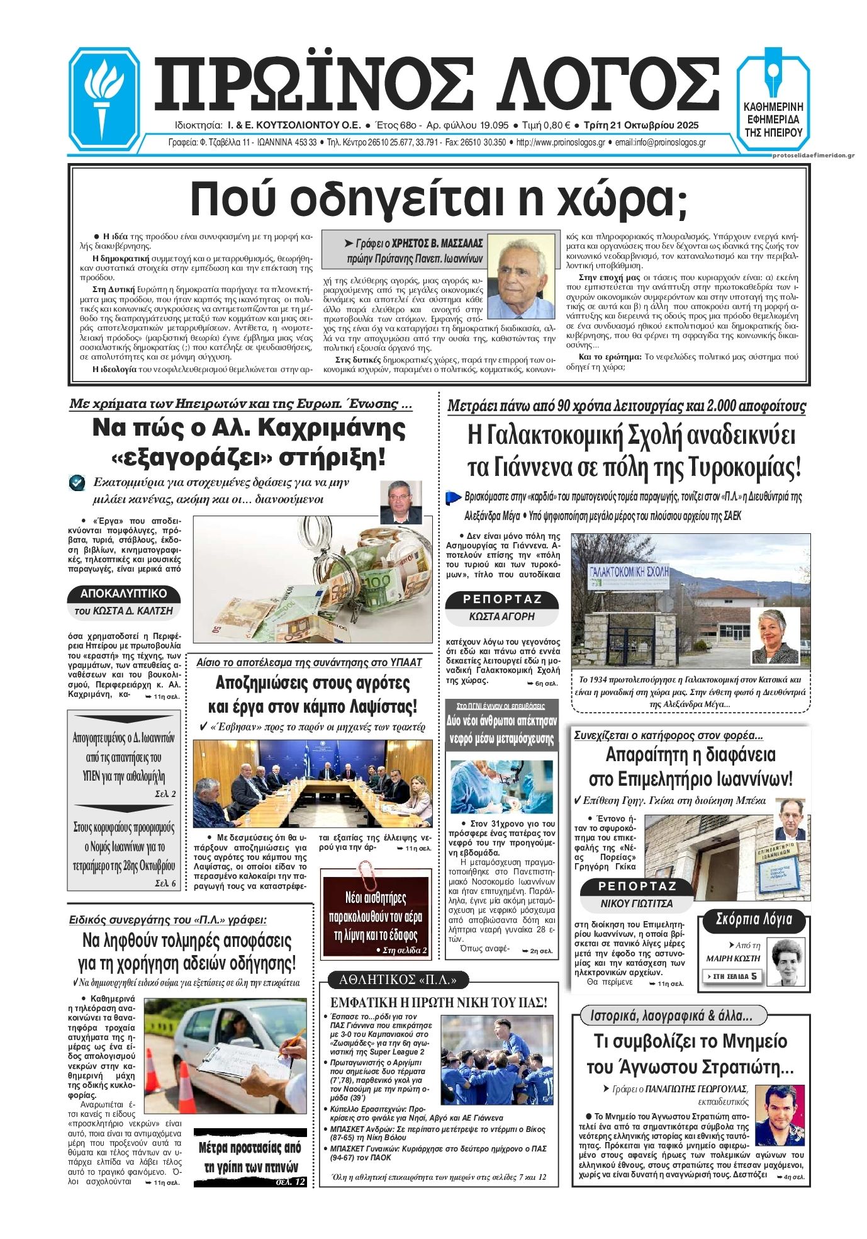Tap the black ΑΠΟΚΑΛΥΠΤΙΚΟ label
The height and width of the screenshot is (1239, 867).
(x=124, y=593)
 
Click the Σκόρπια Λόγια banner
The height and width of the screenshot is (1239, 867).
(x=754, y=920)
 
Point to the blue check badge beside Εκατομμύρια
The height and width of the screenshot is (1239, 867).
(x=77, y=482)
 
